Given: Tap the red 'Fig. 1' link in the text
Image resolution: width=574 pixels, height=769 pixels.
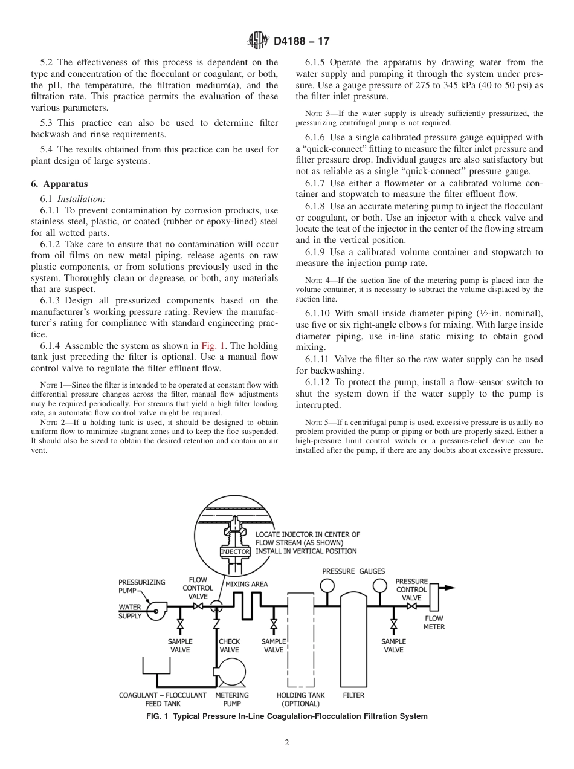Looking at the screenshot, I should pyautogui.click(x=213, y=346).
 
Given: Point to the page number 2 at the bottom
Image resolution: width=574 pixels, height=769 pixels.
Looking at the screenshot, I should pyautogui.click(x=287, y=743).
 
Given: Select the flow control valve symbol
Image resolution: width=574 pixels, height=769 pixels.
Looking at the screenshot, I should pyautogui.click(x=198, y=606).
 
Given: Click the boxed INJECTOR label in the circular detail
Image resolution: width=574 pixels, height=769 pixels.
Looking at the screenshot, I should pyautogui.click(x=235, y=552).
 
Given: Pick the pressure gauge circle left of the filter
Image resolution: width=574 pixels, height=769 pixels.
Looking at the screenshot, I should pyautogui.click(x=327, y=585).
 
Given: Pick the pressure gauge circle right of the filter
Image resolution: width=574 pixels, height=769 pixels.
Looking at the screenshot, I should pyautogui.click(x=379, y=585).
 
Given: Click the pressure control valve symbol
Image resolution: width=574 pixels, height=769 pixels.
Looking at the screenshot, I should pyautogui.click(x=411, y=606).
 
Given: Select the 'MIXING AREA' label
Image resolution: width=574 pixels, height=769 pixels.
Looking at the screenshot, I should pyautogui.click(x=247, y=585).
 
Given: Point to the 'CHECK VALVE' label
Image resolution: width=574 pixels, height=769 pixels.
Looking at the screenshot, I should pyautogui.click(x=229, y=646).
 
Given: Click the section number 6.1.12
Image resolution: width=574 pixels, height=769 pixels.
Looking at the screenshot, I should pyautogui.click(x=320, y=383).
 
